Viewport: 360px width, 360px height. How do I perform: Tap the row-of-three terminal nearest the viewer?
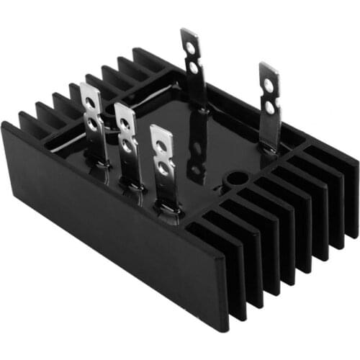[x=161, y=155]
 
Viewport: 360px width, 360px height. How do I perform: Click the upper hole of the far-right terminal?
[x=269, y=84]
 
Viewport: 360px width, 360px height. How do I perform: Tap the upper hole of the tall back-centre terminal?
[x=190, y=48]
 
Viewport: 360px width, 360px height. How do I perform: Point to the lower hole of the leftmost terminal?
[x=94, y=124]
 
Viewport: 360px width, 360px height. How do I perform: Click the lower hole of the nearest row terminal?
[x=163, y=171]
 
